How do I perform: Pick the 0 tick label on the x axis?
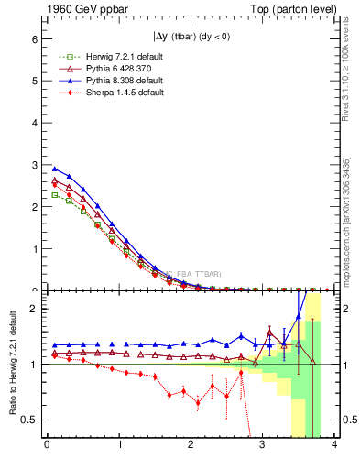47,447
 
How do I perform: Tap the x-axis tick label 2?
191,447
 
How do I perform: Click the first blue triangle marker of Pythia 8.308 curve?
54,169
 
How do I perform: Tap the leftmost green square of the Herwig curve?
54,194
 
